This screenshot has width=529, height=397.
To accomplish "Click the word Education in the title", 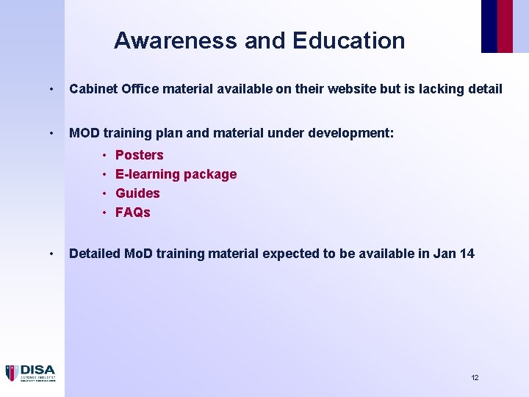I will pos(348,40).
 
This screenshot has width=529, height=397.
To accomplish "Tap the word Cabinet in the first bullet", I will pos(93,89).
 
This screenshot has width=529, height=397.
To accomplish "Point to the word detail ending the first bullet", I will pos(482,89).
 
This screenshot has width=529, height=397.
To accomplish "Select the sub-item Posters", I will pos(140,155).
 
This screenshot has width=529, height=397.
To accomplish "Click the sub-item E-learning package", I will pos(176,174).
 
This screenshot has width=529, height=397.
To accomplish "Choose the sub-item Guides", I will pos(137,193).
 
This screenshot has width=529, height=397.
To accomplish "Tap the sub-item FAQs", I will pos(133,212).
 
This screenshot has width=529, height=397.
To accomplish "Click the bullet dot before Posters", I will pos(105,155).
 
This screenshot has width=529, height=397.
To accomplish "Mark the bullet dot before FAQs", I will pos(105,212).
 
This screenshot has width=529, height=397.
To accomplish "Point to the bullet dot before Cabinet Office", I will pos(50,90).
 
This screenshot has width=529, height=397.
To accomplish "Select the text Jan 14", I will pos(453,254).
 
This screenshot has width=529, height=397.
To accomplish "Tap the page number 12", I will pos(475,377).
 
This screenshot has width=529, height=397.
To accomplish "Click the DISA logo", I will pos(30,373).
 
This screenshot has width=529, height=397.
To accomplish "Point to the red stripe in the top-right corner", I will pos(505,26).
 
